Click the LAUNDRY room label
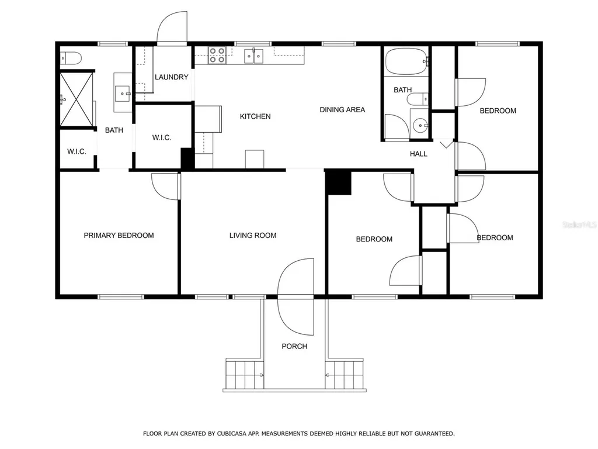click(171, 77)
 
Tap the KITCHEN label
click(255, 116)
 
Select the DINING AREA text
click(342, 110)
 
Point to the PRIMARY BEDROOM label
click(119, 236)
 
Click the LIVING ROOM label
click(253, 236)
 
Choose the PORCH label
click(294, 346)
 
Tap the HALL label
click(418, 154)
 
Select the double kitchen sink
click(253, 56)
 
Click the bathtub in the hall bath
click(406, 61)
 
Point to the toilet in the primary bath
click(71, 58)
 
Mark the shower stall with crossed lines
click(77, 99)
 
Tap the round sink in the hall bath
click(420, 125)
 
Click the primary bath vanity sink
click(123, 93)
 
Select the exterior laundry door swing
click(172, 27)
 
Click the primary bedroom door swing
click(165, 186)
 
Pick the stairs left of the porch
click(245, 374)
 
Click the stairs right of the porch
click(344, 374)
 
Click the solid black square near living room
click(338, 183)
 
